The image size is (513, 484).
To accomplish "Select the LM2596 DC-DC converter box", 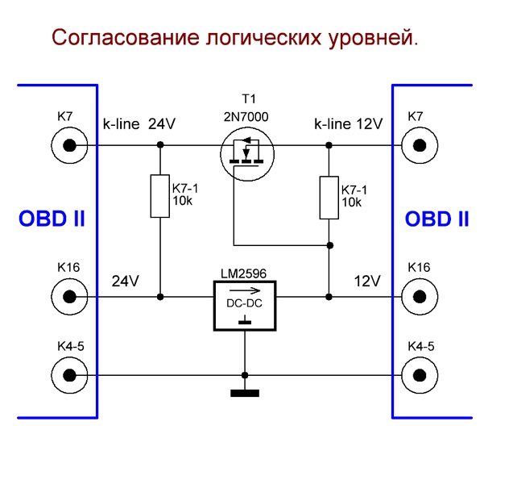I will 244,306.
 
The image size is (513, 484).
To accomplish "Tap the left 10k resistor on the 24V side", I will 160,196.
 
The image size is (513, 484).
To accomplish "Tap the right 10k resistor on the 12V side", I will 329,196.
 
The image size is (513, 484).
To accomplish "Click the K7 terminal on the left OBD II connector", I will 69,145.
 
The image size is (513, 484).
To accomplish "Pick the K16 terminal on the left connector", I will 69,296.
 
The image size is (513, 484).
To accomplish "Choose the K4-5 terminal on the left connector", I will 69,375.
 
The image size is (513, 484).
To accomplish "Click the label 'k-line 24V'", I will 139,124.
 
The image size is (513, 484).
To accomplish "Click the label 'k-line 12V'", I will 348,124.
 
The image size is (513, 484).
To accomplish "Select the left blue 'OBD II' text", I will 52,219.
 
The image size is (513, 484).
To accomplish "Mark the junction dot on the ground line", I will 244,375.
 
